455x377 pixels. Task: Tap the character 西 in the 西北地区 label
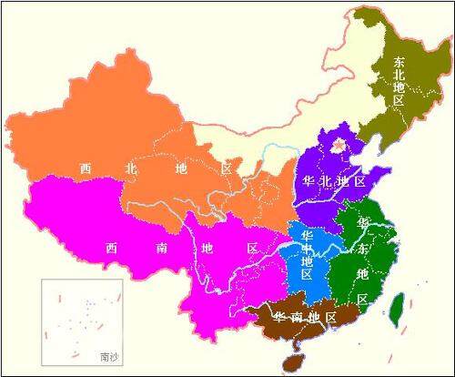(85, 168)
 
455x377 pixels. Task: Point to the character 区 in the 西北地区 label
(227, 168)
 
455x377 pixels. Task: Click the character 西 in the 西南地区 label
(111, 248)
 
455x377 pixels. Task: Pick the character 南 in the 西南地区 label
(157, 248)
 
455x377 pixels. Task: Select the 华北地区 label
(330, 181)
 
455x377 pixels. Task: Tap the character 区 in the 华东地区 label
(362, 299)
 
